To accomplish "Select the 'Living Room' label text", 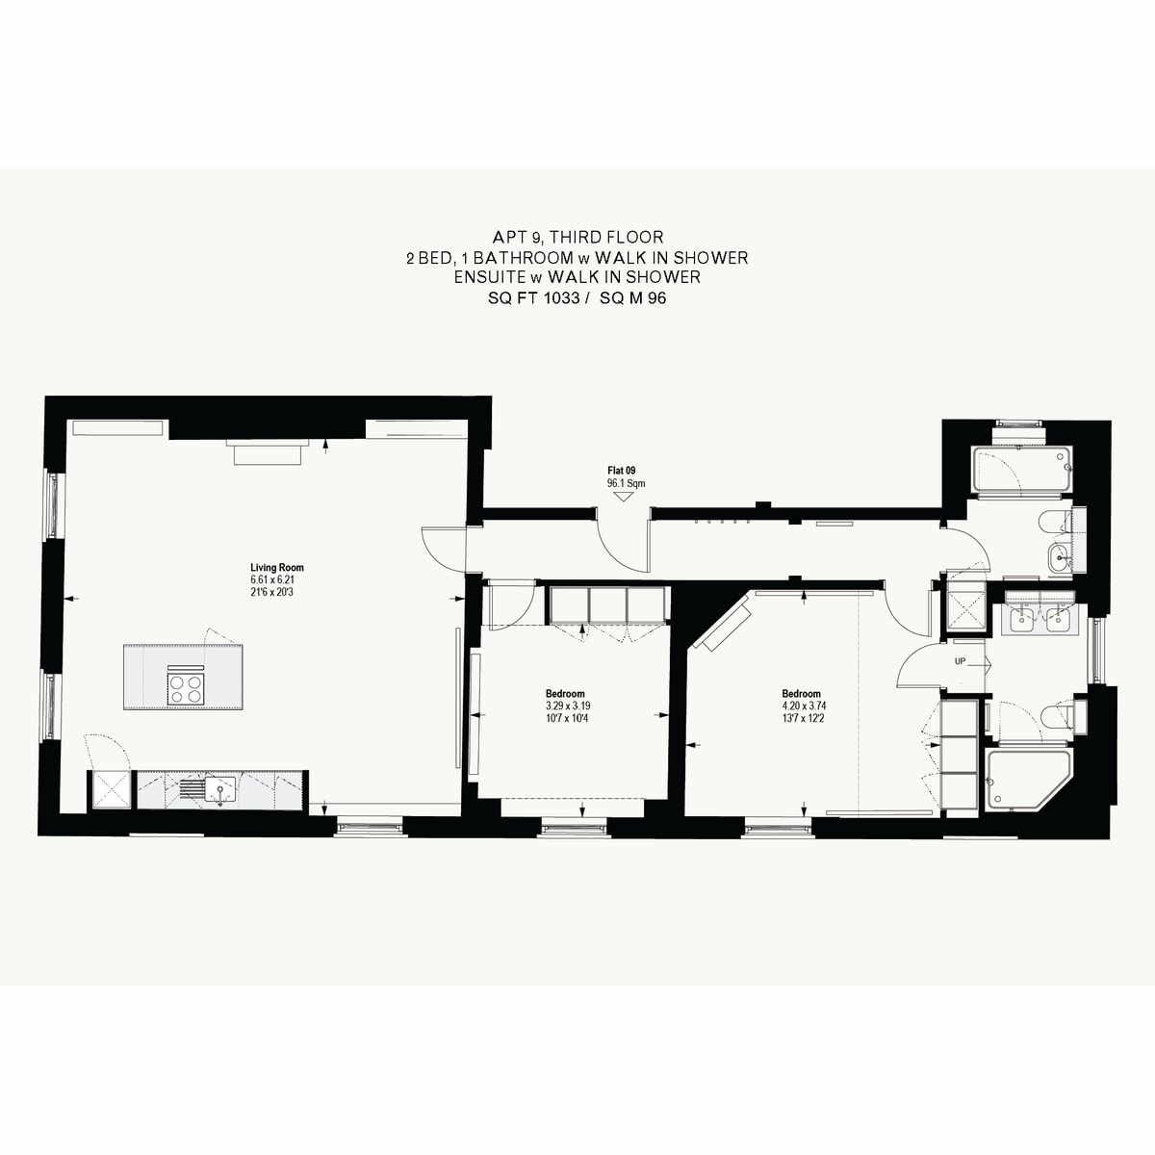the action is [x=277, y=567].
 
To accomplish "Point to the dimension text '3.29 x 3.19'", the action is [x=565, y=706].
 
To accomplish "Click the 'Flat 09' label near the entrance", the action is [x=621, y=471].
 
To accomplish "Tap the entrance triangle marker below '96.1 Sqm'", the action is [x=624, y=497].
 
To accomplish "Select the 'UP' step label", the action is [x=961, y=661].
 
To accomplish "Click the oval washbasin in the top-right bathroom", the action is [x=1060, y=558].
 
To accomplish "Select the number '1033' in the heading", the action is [x=561, y=297].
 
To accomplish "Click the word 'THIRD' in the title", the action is [x=576, y=237].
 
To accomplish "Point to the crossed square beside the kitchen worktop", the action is [x=112, y=789].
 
